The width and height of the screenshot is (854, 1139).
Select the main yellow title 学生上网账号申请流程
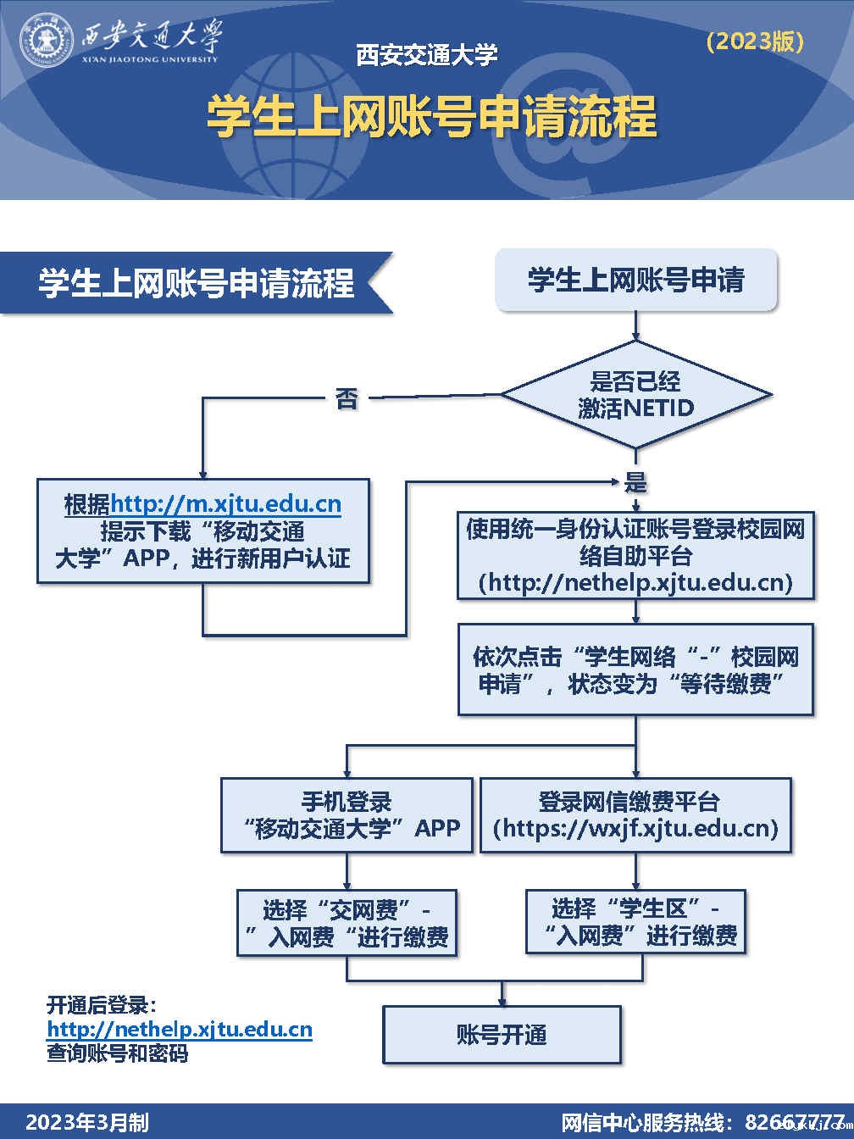coord(431,116)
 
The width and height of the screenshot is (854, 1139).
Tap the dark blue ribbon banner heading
coord(196,283)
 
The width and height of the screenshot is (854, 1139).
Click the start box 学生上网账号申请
coord(635,280)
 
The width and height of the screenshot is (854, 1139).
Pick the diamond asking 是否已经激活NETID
coord(635,395)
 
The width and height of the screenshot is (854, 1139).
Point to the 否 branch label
coord(347,398)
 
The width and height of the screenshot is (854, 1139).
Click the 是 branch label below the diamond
coord(635,483)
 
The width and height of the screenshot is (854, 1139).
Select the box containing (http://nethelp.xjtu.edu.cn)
coord(635,556)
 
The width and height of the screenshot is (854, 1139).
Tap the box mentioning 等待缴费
coord(635,670)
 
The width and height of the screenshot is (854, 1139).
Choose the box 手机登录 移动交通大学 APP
coord(347,814)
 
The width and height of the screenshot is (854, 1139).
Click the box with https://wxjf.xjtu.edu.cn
coord(635,814)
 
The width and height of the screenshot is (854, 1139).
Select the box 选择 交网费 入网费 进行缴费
coord(347,923)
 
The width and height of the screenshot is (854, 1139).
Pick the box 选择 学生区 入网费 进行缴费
coord(635,922)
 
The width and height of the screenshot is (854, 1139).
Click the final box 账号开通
coord(502,1035)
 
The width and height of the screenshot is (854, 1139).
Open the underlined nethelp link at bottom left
coord(180,1030)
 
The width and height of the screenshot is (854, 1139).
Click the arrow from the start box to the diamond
coord(635,326)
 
